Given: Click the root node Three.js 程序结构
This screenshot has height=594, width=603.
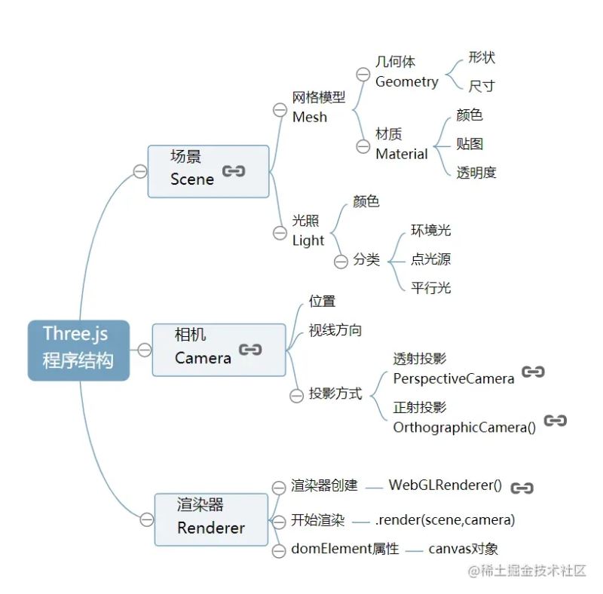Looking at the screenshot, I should (x=78, y=349).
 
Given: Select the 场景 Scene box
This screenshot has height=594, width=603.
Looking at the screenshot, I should (x=208, y=171).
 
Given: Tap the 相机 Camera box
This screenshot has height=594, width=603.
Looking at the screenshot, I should (x=219, y=349).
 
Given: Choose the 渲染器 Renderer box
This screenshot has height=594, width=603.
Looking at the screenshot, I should (x=211, y=519).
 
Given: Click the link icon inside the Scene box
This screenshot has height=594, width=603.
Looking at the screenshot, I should (x=234, y=172).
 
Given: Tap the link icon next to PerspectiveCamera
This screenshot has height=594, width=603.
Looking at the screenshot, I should (x=533, y=372).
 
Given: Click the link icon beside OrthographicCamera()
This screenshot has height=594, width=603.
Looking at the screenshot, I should (x=556, y=421).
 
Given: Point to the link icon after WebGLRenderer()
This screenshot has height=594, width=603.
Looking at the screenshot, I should (x=522, y=488).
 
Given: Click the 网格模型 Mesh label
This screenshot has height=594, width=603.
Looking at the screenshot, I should (x=318, y=107).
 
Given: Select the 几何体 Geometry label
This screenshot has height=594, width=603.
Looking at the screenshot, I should (x=406, y=72).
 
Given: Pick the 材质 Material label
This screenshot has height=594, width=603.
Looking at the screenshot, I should (x=401, y=144).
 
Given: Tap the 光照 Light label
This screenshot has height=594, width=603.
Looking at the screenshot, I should (x=308, y=231).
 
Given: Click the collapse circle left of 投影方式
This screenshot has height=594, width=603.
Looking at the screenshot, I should (x=296, y=394).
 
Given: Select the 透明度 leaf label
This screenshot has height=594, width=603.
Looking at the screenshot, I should (x=476, y=173).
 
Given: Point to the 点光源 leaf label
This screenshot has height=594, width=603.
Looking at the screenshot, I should (x=430, y=259).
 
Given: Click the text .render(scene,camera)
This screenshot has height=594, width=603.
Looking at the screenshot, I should (x=445, y=519).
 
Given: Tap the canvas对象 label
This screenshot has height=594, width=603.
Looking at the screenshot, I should (x=463, y=549).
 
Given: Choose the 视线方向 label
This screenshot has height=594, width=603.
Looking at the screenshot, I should (x=335, y=330).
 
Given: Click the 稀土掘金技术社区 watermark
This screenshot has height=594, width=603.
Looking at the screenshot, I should (x=527, y=571).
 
